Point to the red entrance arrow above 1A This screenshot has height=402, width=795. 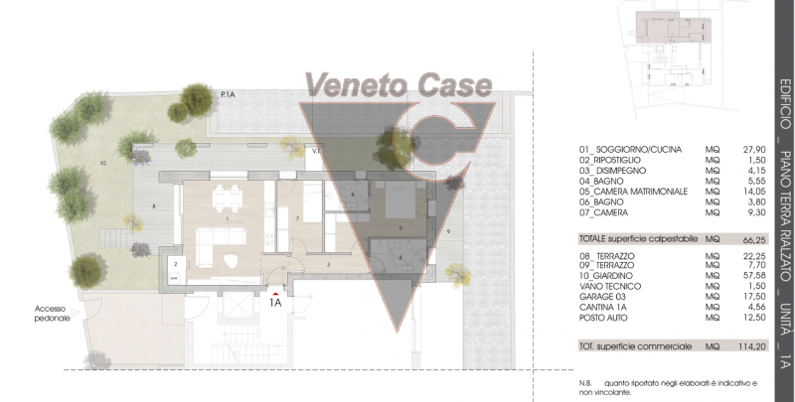[x=274, y=294]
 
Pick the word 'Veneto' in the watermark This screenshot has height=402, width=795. [x=350, y=83]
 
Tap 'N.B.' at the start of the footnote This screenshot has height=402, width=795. [x=584, y=383]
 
